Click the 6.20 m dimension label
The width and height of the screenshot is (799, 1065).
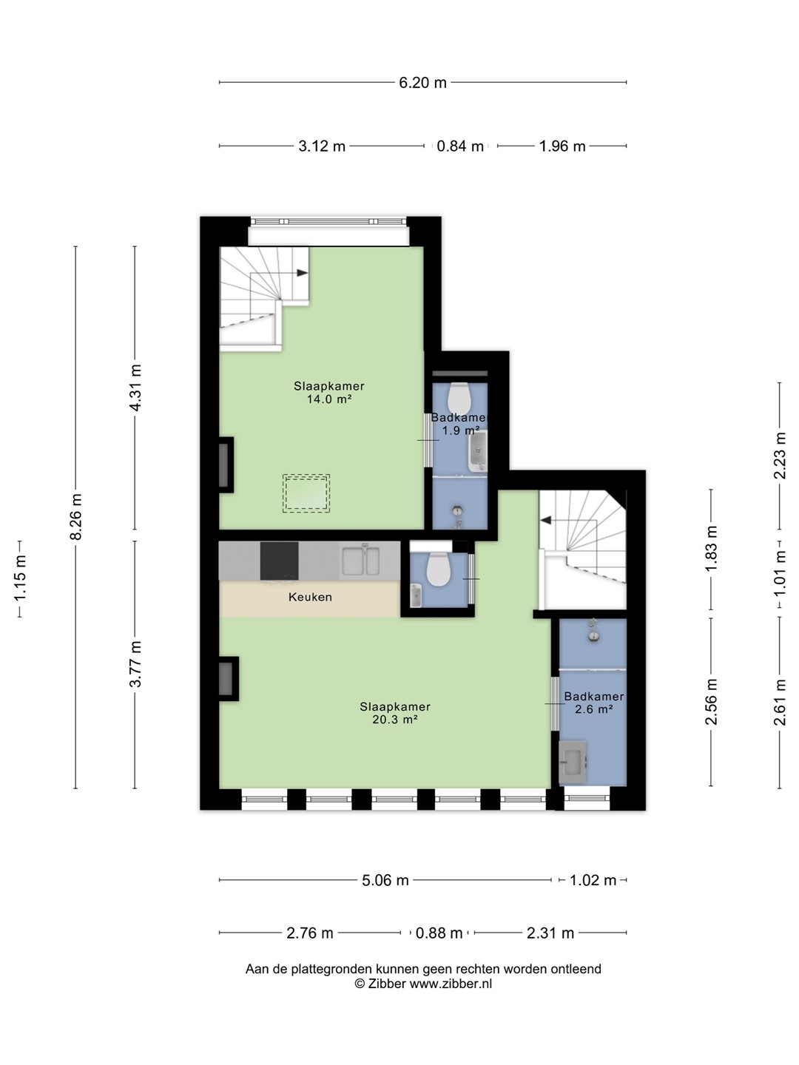422,83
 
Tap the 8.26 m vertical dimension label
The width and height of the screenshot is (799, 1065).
75,516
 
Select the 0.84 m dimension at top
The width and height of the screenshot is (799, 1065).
460,146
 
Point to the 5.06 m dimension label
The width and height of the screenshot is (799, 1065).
385,880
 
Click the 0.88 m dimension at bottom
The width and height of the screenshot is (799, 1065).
439,933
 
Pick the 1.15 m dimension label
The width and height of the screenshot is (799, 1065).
20,578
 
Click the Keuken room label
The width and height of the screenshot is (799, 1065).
310,597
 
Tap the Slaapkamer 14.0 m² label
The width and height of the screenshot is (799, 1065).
329,393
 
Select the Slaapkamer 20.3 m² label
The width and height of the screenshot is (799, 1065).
395,713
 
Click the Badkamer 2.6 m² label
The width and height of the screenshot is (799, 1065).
594,703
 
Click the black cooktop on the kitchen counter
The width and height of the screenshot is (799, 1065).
280,561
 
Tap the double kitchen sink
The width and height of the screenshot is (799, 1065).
360,561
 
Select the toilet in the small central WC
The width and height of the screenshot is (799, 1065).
439,569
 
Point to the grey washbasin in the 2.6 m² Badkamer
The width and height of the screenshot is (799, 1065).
573,763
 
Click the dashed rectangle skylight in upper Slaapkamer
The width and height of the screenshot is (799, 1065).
306,493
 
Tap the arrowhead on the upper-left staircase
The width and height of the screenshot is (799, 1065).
303,273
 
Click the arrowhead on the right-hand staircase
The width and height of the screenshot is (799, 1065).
546,521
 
